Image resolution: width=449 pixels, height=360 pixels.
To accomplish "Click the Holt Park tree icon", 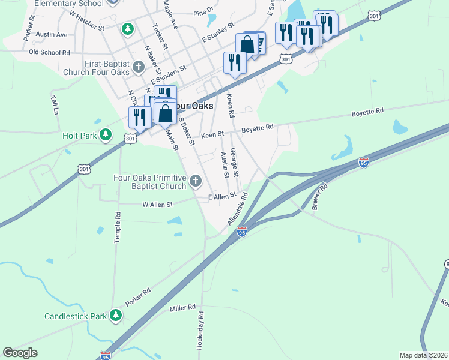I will [x=106, y=134].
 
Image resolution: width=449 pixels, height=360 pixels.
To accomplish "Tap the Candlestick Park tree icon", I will [x=116, y=315].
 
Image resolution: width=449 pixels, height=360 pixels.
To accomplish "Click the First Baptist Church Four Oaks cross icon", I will [x=139, y=67].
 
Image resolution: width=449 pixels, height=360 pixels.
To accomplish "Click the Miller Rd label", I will [x=183, y=308].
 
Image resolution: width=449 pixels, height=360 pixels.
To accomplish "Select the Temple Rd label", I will [x=118, y=227].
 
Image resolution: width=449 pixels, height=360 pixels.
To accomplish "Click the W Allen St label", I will [x=157, y=205].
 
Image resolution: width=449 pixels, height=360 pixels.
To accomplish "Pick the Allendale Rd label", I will [x=238, y=209].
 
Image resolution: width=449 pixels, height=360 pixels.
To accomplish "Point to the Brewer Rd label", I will [x=320, y=196].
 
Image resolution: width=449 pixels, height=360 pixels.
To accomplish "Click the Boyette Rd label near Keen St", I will [x=258, y=127].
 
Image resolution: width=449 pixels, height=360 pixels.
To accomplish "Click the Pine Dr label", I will [x=203, y=12].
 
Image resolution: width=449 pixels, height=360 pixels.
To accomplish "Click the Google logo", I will [x=20, y=353].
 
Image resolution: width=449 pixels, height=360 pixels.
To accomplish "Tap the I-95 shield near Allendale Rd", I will [x=242, y=230].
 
